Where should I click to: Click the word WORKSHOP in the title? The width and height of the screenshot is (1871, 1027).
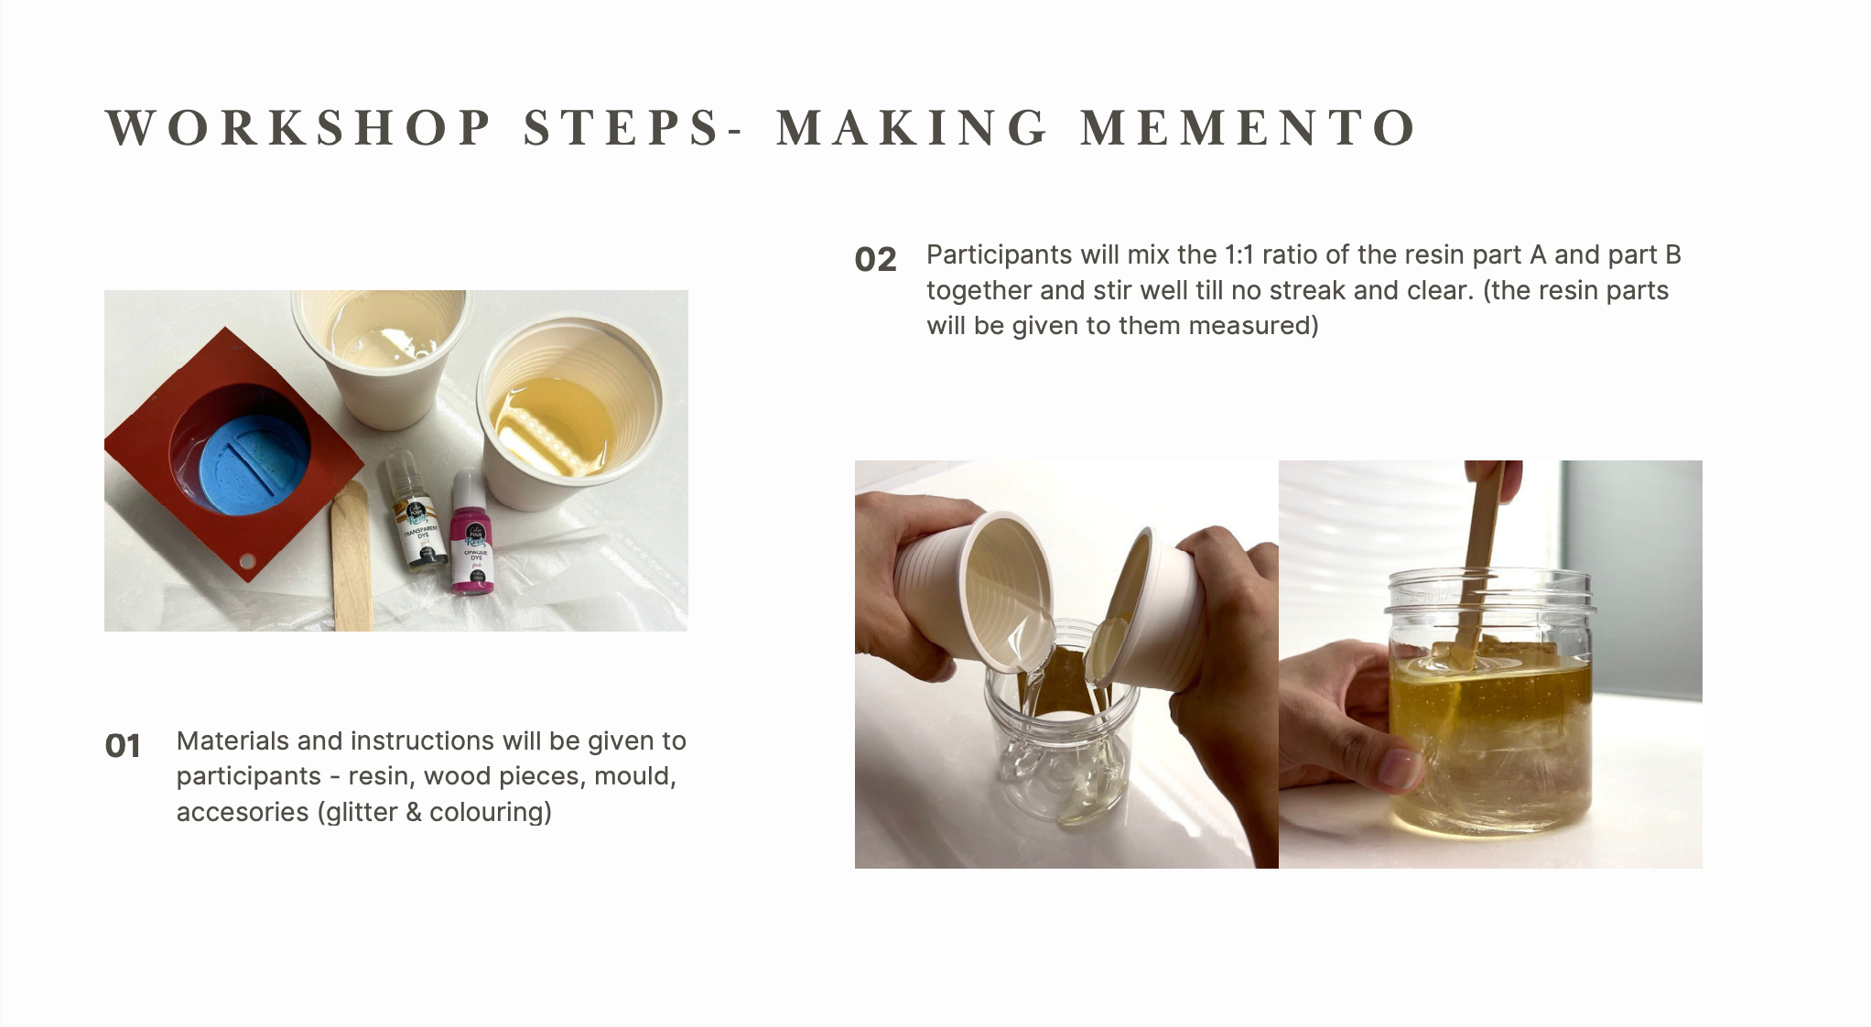[299, 127]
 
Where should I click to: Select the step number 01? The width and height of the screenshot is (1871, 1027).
[123, 746]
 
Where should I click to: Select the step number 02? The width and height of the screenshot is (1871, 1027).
[875, 259]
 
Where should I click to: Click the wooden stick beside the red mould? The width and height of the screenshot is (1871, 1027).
[351, 558]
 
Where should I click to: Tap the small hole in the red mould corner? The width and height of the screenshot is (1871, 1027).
[246, 560]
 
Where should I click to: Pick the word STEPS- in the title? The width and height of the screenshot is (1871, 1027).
[633, 127]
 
